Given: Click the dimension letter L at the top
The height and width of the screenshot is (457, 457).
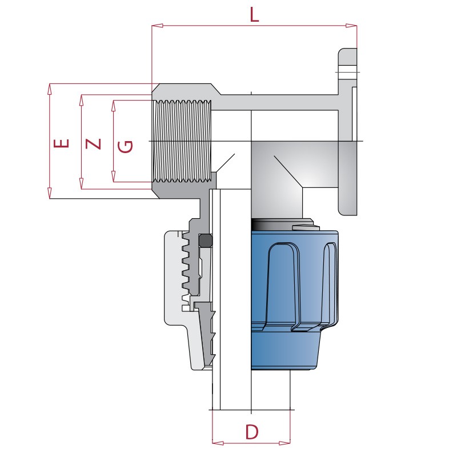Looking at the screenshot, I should [254, 14].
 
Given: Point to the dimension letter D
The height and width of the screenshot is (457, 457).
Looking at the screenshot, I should [251, 431].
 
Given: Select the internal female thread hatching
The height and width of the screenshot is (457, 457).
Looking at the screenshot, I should [182, 141].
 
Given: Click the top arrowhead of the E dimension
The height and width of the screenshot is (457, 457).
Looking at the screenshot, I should [50, 87].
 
